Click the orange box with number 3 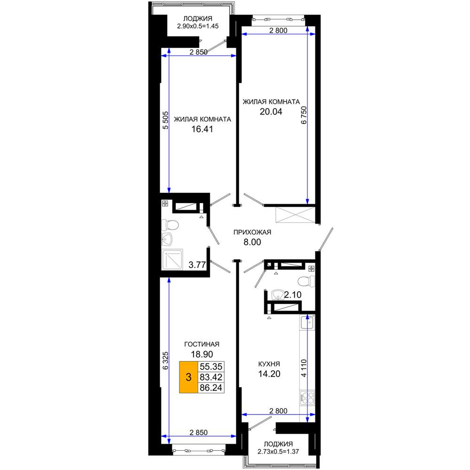click(188, 377)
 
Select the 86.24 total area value click(211, 388)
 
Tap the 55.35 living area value click(211, 366)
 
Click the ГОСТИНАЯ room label click(202, 344)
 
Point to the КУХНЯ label click(269, 364)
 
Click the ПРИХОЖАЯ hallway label click(252, 232)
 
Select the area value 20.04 click(271, 111)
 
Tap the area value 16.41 click(202, 129)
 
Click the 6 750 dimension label click(304, 115)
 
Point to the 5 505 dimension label click(165, 120)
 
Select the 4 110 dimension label click(304, 368)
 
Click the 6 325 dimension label click(165, 360)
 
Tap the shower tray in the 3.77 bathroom click(172, 259)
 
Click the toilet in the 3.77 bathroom click(170, 225)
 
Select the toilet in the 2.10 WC click(306, 282)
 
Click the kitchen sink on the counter click(307, 322)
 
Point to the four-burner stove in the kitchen click(307, 399)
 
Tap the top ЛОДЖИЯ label click(197, 19)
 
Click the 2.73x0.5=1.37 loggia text click(278, 451)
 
